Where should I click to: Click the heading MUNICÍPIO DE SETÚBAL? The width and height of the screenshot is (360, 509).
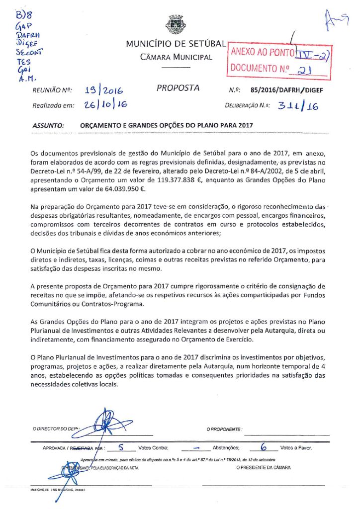coord(177,44)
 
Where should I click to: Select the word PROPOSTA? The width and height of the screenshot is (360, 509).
coord(178,88)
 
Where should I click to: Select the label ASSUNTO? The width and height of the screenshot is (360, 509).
coord(48,126)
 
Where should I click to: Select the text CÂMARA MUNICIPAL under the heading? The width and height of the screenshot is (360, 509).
coord(177,57)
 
